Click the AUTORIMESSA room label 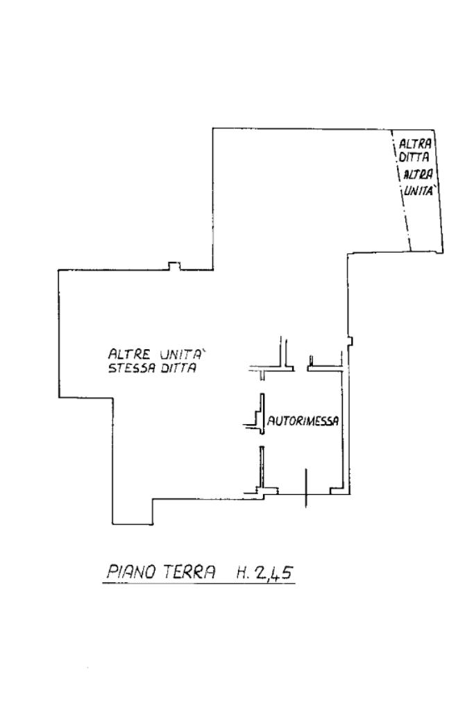click(x=303, y=420)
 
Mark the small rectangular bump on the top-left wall click(x=175, y=266)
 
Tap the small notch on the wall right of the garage click(x=350, y=341)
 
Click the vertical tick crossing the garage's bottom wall click(x=305, y=487)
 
